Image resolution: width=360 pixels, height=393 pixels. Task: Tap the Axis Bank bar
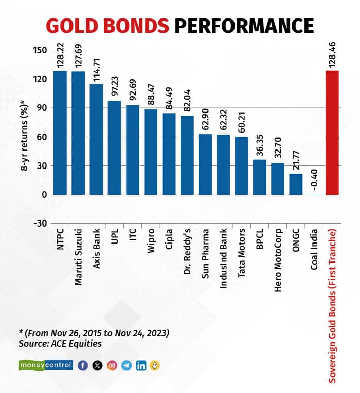click(x=96, y=139)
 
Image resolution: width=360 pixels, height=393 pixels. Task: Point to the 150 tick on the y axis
click(x=41, y=50)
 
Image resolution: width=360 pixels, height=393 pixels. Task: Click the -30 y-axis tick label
click(x=41, y=223)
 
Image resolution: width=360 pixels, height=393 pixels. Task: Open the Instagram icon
click(x=112, y=365)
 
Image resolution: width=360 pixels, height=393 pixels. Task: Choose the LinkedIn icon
click(x=141, y=365)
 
